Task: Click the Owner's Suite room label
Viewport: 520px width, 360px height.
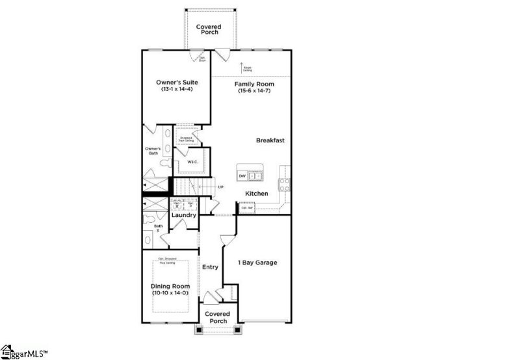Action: pos(177,83)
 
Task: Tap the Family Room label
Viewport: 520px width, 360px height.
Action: pos(254,84)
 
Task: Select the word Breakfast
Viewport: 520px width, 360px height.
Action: pos(270,140)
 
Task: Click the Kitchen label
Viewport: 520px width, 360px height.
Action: pos(257,194)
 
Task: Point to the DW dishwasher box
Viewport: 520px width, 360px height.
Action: pos(242,175)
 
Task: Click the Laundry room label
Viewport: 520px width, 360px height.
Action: pos(184,215)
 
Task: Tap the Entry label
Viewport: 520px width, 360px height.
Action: pos(210,267)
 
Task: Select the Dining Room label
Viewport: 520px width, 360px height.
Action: pos(170,286)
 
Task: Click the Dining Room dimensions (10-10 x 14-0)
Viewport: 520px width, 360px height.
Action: pos(170,293)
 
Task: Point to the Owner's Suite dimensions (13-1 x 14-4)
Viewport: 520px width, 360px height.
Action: pos(177,89)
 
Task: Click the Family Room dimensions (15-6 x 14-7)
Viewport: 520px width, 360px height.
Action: pos(254,91)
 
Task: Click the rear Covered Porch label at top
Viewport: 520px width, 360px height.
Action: pos(209,29)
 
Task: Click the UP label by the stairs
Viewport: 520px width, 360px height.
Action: pos(220,187)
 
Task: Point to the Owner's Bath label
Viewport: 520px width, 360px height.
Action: pos(152,151)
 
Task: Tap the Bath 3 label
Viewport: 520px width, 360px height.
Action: pos(158,228)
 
